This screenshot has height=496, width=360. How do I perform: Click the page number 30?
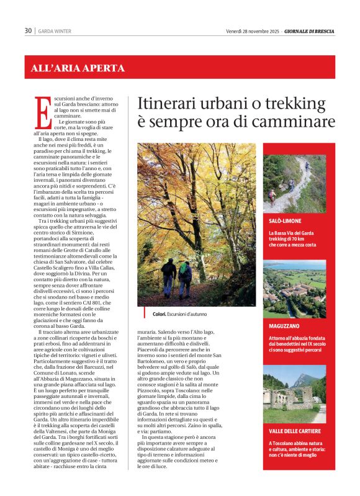28,31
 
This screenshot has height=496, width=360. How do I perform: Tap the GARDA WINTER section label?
55,31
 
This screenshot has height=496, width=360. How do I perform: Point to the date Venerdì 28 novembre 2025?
252,31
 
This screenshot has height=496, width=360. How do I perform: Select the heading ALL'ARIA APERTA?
78,68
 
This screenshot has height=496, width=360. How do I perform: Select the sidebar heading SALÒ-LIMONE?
286,220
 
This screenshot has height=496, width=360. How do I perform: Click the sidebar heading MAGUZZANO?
285,325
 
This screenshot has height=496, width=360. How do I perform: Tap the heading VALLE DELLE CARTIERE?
296,431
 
